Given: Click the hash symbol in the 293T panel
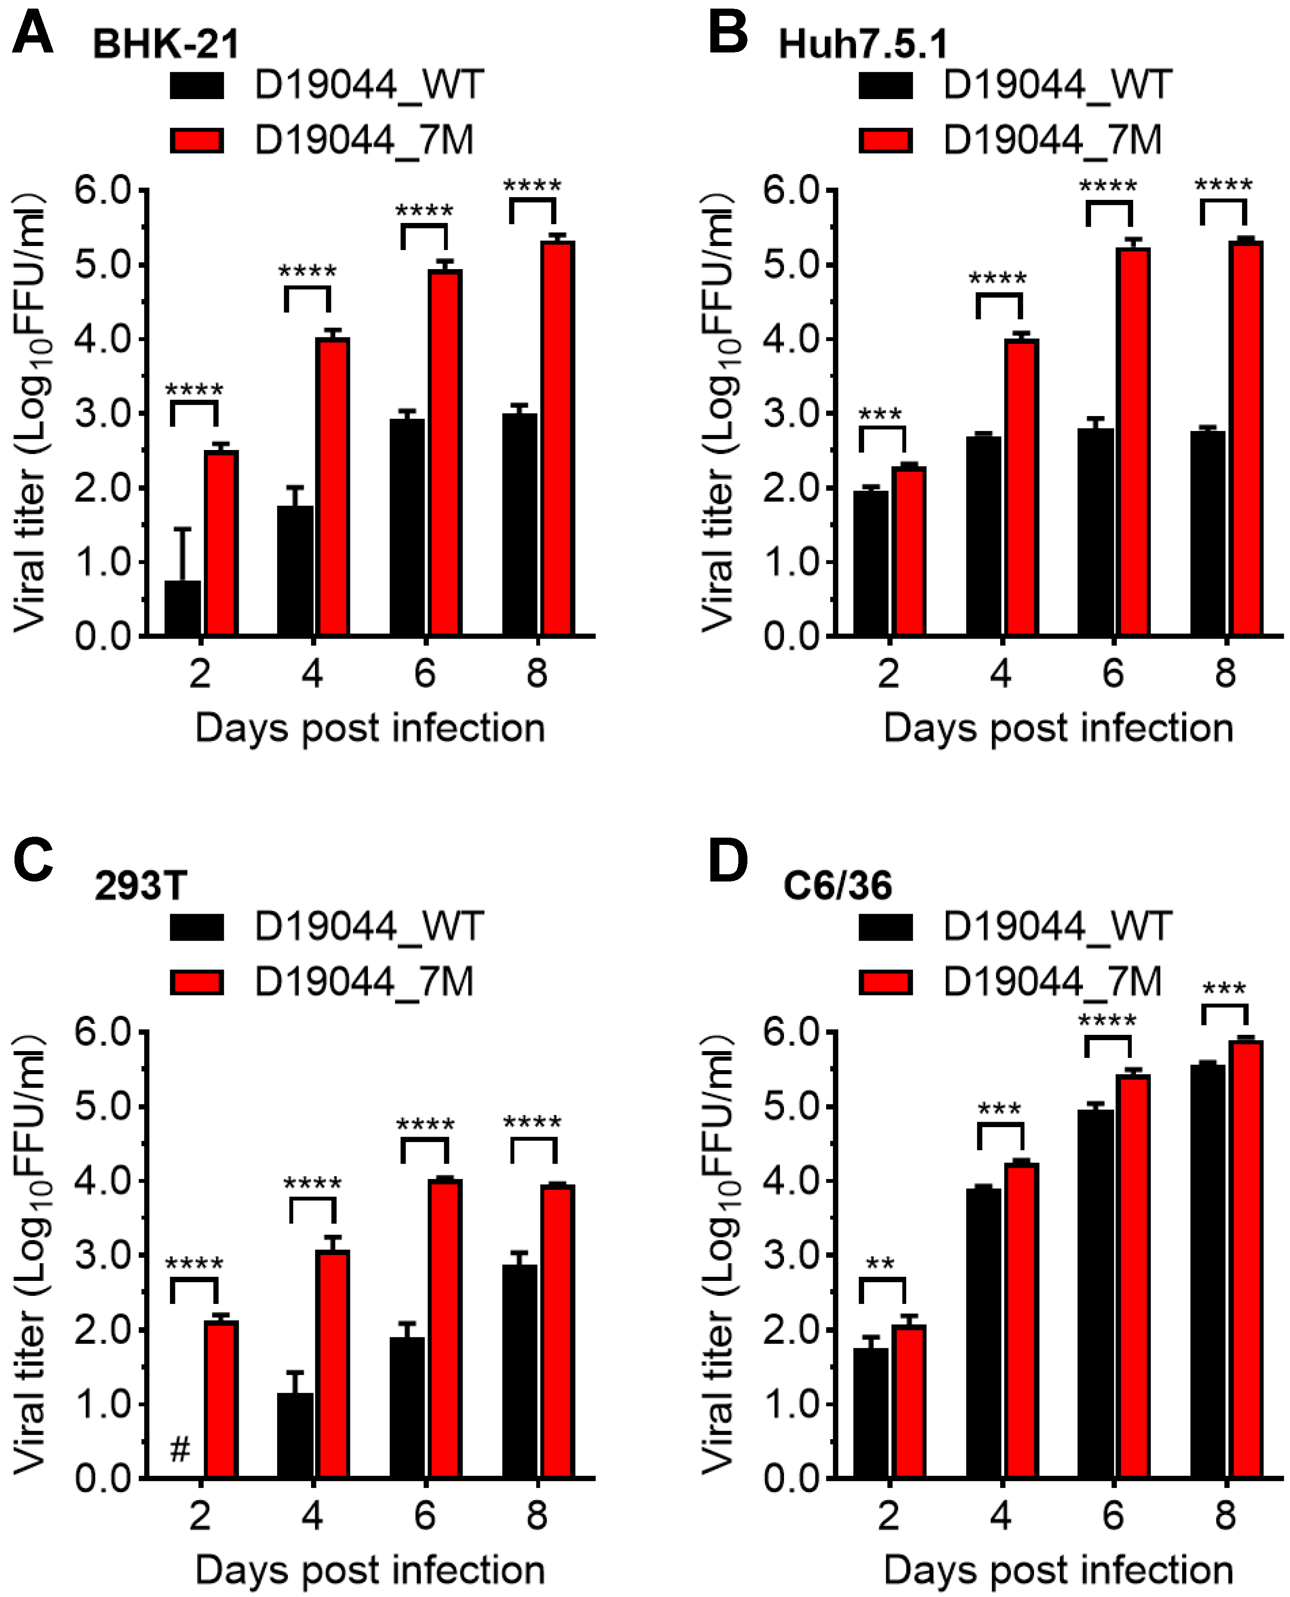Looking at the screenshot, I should point(180,1448).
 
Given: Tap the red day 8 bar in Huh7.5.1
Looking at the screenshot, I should point(1245,438).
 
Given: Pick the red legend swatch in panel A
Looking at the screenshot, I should point(197,141).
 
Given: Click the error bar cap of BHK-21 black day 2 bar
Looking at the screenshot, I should point(183,529).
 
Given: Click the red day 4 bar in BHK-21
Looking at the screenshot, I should point(332,487).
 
